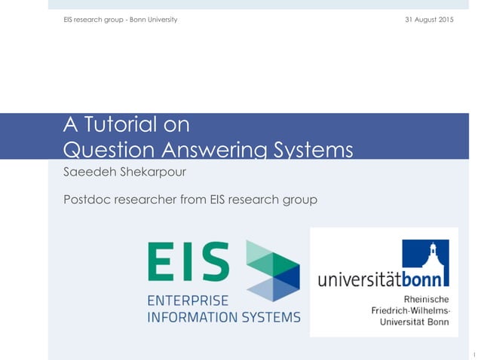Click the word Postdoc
[x=88, y=200]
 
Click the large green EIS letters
[x=188, y=261]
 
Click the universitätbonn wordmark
[x=383, y=280]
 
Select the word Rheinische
[x=427, y=299]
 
